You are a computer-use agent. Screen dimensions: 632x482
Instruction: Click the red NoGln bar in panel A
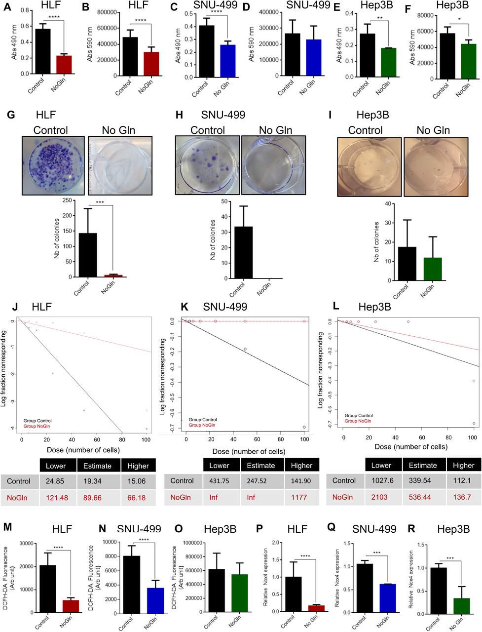[64, 65]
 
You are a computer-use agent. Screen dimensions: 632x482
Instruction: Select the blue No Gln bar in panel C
[227, 61]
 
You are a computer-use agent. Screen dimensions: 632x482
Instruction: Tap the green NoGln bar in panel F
[468, 61]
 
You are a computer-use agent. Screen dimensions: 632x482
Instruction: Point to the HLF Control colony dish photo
[53, 165]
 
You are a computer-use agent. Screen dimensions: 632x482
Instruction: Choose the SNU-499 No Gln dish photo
[273, 165]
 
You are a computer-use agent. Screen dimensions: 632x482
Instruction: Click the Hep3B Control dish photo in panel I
[369, 166]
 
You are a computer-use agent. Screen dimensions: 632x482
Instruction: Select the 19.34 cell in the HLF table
[97, 481]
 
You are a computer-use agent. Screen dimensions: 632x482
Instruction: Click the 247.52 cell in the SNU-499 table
[261, 480]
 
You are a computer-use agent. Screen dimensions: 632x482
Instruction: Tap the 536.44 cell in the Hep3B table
[423, 497]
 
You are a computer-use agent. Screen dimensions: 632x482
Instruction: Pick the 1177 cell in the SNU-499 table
[301, 497]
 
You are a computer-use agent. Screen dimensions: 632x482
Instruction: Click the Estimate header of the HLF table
[97, 466]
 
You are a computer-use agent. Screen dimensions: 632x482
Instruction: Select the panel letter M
[7, 527]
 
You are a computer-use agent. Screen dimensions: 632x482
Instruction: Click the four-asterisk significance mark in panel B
[141, 20]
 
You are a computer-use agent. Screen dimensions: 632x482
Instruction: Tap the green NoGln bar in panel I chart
[432, 269]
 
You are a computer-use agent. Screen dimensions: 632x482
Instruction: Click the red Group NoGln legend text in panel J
[37, 426]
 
